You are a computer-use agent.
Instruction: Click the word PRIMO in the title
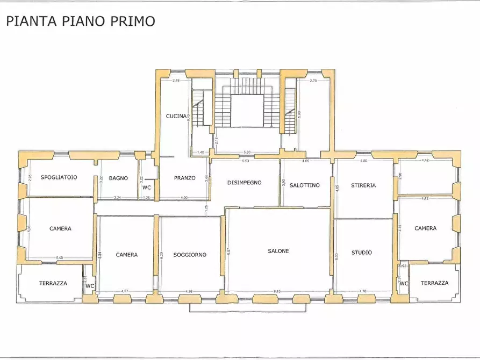[x=132, y=21]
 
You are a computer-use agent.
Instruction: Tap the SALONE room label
[x=279, y=251]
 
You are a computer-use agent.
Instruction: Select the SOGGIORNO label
[x=190, y=255]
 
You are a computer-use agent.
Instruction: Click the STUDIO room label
[x=362, y=252]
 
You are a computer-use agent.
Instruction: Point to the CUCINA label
[x=176, y=116]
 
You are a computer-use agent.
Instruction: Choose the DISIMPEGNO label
[x=244, y=183]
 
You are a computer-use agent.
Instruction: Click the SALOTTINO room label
[x=305, y=185]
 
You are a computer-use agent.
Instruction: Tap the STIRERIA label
[x=363, y=185]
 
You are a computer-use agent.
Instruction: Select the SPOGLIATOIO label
[x=59, y=177]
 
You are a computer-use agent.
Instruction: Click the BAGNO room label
[x=118, y=178]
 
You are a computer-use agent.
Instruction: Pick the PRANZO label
[x=184, y=178]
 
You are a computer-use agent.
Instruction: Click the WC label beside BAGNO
[x=146, y=188]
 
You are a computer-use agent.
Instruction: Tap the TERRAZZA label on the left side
[x=53, y=283]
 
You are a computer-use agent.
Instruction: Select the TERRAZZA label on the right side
[x=434, y=283]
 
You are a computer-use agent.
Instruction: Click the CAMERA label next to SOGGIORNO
[x=127, y=255]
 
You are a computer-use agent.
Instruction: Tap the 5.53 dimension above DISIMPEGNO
[x=246, y=161]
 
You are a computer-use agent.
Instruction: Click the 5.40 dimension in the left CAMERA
[x=60, y=258]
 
